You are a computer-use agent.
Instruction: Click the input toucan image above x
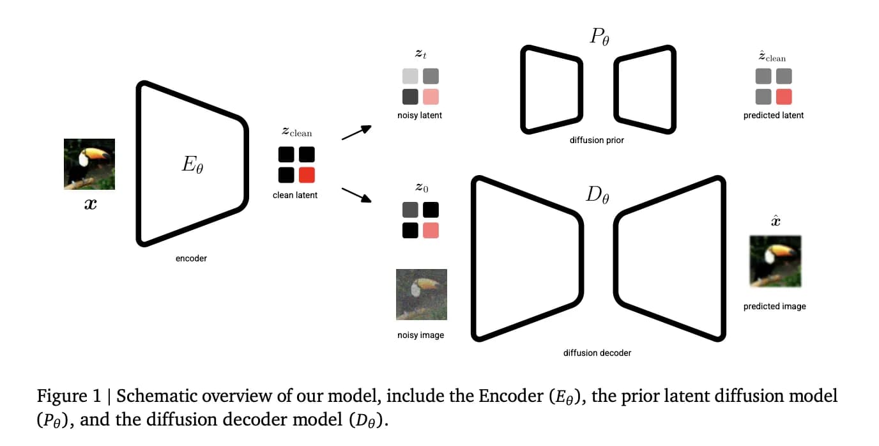click(x=89, y=164)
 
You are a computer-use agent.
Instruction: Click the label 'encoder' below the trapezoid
click(x=191, y=259)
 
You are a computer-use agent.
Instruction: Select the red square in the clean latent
click(x=307, y=175)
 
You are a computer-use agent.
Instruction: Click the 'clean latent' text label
click(x=295, y=195)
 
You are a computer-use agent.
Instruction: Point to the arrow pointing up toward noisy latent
click(x=356, y=132)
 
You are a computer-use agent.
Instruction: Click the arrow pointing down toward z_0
click(x=356, y=194)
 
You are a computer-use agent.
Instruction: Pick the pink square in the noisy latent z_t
click(x=431, y=96)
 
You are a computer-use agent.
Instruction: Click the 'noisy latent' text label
click(x=420, y=116)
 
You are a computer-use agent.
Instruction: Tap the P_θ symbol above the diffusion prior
click(x=599, y=37)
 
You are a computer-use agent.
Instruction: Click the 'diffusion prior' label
click(x=597, y=139)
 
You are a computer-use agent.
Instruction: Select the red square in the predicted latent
click(x=784, y=96)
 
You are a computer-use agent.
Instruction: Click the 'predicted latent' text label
click(x=774, y=116)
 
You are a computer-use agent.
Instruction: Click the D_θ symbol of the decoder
click(x=597, y=195)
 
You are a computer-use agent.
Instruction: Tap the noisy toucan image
click(x=421, y=295)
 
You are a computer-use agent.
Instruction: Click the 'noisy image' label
click(x=420, y=335)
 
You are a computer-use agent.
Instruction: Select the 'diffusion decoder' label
click(x=597, y=353)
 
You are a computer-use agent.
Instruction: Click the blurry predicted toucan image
click(x=775, y=261)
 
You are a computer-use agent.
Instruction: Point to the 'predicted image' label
click(x=774, y=307)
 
